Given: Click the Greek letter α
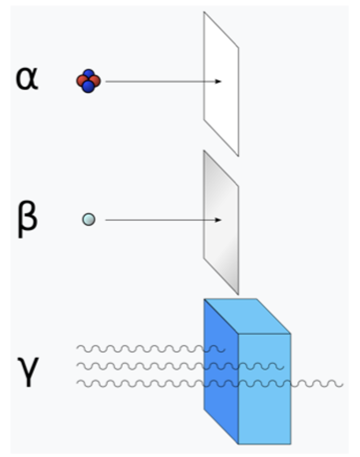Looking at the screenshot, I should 27,79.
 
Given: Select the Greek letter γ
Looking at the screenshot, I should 28,371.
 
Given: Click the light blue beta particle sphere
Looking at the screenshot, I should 88,220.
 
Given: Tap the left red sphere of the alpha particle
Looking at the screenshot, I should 81,81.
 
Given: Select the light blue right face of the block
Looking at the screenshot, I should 264,411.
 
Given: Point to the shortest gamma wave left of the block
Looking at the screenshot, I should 139,349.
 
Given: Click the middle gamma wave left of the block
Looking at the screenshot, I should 139,366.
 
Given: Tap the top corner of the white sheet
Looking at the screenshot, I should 204,13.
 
